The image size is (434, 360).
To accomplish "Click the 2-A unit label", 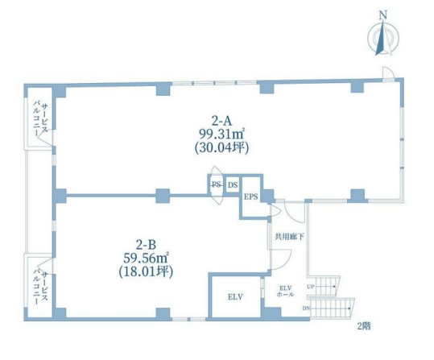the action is coord(221,121).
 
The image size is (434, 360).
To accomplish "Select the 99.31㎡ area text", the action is coord(221,134).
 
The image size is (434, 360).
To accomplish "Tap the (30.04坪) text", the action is coord(221,148).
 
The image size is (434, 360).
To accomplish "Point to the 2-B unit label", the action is coord(146,245).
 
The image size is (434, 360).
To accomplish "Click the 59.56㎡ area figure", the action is coord(146,259).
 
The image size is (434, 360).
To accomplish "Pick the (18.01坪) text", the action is coord(146,271).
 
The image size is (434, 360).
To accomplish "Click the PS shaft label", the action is coord(216,184).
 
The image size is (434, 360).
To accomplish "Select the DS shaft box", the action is coord(233,184).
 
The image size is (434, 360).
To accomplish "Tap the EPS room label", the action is coord(250,197).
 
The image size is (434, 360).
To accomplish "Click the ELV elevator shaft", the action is coord(236,297).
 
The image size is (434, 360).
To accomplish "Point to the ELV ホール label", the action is coord(285,291).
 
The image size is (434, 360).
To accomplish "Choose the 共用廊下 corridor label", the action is coord(289,237).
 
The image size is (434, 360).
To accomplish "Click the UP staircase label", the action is coord(310,287).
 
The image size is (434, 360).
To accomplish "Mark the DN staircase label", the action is coord(306,308).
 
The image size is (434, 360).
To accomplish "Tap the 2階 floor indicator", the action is coord(364,326).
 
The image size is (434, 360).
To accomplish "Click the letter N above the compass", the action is coord(383,15).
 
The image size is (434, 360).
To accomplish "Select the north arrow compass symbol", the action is coord(383,38).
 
